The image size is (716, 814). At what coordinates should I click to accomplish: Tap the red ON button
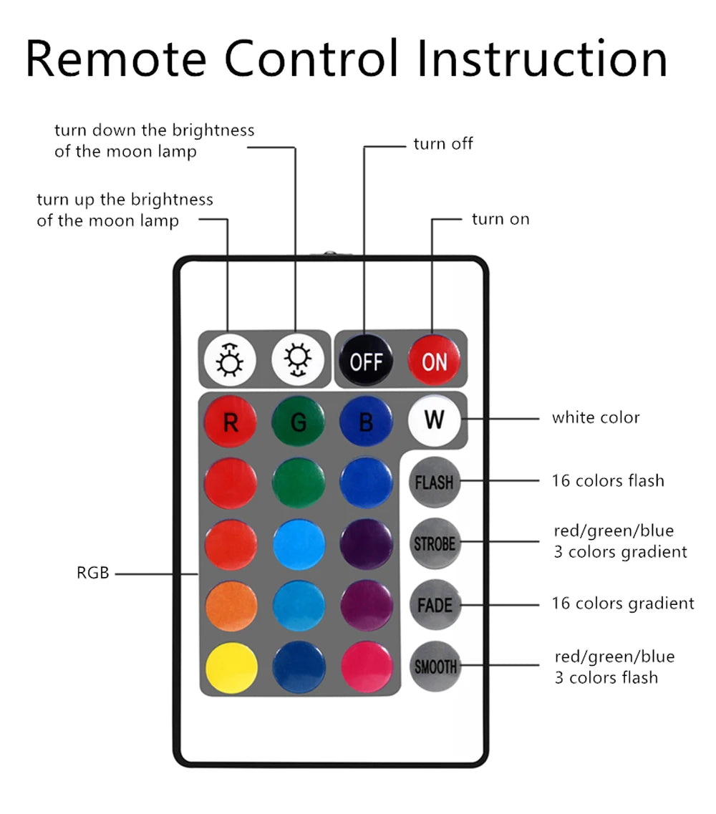coord(434,361)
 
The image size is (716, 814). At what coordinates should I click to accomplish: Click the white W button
coord(434,419)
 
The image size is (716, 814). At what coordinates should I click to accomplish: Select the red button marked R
coord(231,422)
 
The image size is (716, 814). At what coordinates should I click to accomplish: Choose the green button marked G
coord(298,422)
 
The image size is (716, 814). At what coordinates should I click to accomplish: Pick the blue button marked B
coord(366,422)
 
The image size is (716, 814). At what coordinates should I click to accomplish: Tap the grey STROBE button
coord(434,543)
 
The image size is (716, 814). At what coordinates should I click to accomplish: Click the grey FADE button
coord(434,605)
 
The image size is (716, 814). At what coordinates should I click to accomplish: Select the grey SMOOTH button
coord(434,667)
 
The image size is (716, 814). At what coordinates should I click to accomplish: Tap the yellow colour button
coord(231,668)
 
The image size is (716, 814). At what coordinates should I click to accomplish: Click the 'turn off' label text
coord(443,144)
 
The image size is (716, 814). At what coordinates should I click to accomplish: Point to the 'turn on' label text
coord(500,219)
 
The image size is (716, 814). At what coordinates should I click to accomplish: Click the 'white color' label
coord(596,417)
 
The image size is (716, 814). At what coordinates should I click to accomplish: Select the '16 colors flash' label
coord(608,480)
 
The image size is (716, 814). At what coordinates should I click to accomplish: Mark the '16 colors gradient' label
coord(623,604)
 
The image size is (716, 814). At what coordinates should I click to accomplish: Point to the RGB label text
coord(93,573)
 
